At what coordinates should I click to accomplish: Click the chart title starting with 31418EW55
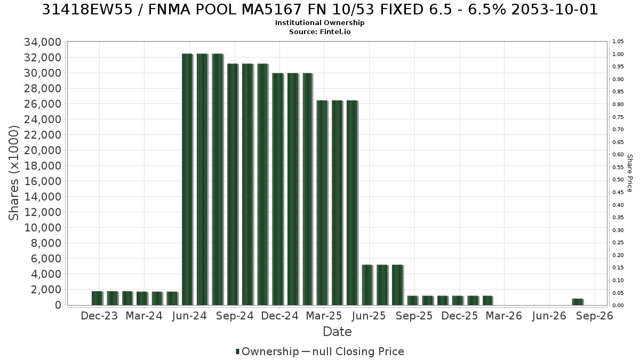[319, 10]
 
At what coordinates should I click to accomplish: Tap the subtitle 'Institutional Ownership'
[319, 23]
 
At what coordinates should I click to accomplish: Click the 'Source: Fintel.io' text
[319, 31]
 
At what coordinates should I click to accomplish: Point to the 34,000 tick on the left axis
[43, 42]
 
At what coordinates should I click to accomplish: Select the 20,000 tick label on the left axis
[43, 150]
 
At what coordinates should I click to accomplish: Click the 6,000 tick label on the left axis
[46, 259]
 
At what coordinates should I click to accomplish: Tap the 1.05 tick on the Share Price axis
[618, 42]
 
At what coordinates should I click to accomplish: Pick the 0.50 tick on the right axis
[618, 180]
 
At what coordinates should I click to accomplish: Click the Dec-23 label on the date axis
[99, 316]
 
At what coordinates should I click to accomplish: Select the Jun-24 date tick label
[189, 316]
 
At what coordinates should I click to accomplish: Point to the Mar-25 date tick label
[324, 316]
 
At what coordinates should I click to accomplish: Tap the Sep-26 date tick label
[595, 316]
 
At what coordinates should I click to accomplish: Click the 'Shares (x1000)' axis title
[14, 173]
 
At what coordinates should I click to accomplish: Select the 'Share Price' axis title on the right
[630, 173]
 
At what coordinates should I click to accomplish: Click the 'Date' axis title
[337, 332]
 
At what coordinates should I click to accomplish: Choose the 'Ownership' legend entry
[267, 351]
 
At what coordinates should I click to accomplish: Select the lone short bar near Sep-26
[578, 302]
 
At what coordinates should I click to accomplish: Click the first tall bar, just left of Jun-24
[187, 179]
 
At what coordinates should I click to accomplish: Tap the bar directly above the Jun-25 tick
[367, 285]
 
